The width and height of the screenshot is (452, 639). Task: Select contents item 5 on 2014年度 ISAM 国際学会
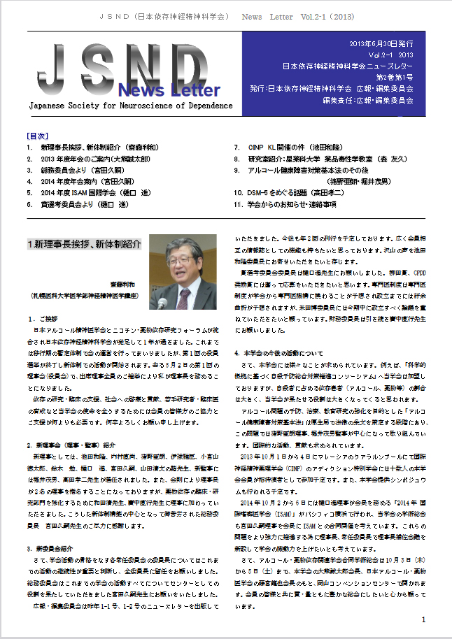coord(87,192)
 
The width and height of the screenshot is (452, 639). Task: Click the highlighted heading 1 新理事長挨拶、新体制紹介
coord(84,245)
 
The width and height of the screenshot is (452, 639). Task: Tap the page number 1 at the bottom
coord(424,620)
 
